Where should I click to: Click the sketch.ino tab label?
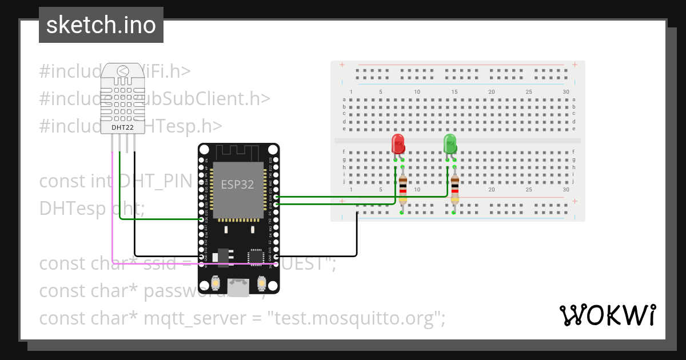pos(101,25)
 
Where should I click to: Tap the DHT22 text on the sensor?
pos(122,127)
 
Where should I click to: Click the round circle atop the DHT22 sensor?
pos(122,71)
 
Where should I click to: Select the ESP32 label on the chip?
pos(237,185)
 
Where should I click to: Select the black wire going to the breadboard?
pos(357,240)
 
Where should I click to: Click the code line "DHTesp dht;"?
pos(91,209)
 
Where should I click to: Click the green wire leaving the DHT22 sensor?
pos(119,189)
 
